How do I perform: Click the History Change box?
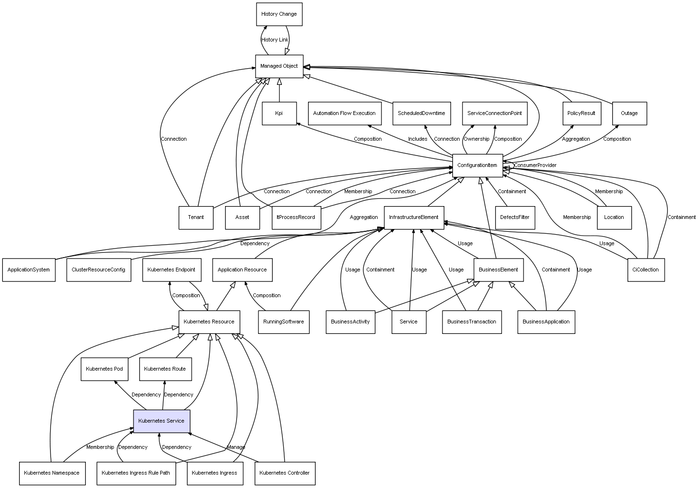point(279,14)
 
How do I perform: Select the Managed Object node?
point(279,66)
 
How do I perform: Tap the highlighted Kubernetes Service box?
point(161,421)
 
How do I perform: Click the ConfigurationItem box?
point(477,166)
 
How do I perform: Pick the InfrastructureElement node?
point(413,218)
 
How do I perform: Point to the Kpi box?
point(279,114)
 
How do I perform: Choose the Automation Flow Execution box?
point(344,114)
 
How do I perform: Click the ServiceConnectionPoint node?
point(494,114)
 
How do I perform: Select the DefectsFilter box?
point(515,218)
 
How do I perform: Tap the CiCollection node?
point(646,270)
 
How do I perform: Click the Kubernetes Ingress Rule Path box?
point(136,473)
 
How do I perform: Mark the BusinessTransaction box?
point(472,322)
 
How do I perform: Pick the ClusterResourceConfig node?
point(98,270)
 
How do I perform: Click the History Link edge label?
point(275,40)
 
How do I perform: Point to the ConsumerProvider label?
point(535,166)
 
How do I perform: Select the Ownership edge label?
point(476,139)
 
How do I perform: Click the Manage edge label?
point(236,447)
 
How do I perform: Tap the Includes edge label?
point(418,139)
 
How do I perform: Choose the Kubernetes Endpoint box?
point(171,270)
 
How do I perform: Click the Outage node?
point(629,114)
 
